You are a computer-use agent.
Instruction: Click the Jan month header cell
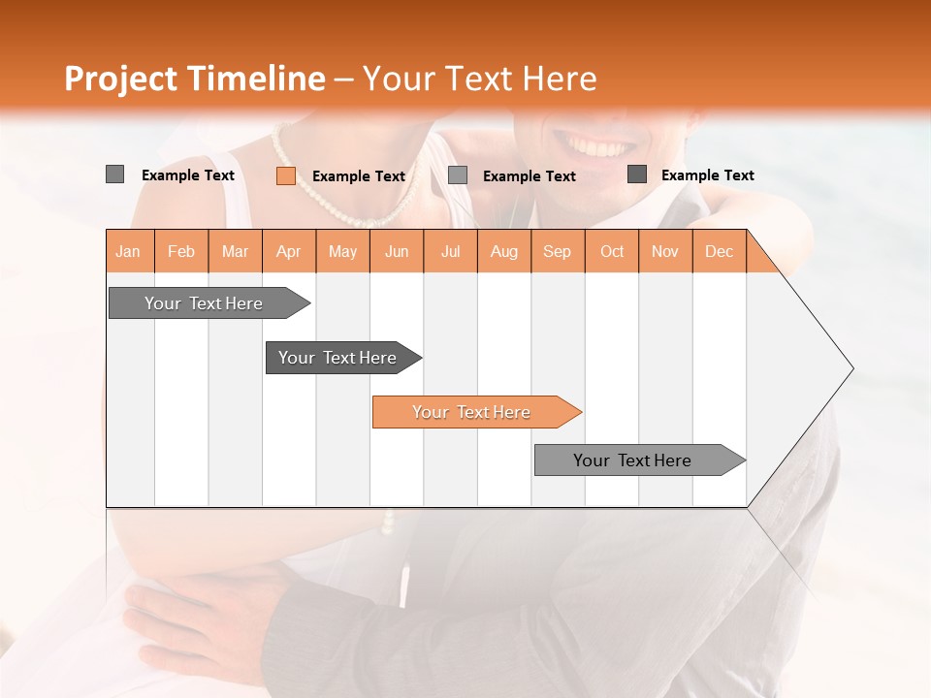[129, 251]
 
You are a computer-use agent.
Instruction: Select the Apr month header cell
[289, 251]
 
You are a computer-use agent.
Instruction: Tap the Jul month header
[450, 251]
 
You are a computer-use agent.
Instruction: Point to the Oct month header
[612, 251]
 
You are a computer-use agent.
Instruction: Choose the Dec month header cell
[719, 251]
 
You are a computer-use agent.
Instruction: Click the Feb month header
[181, 251]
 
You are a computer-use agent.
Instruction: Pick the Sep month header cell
[558, 251]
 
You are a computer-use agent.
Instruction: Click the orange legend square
[285, 175]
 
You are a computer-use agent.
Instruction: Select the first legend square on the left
[114, 174]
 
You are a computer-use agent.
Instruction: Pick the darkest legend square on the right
[636, 174]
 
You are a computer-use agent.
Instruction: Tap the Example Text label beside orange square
[358, 176]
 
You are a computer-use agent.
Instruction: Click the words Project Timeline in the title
[195, 79]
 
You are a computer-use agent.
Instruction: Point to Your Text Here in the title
[480, 79]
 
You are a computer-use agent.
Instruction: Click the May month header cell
[342, 251]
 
